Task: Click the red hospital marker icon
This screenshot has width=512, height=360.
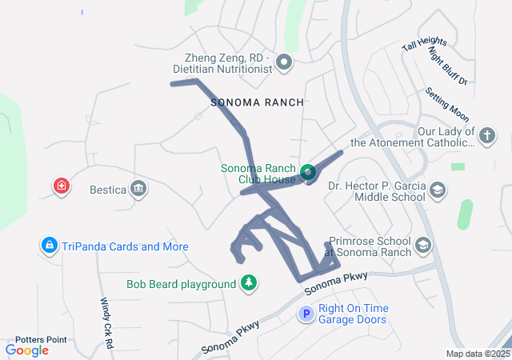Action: (62, 187)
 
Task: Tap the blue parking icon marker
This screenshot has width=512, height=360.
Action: (305, 314)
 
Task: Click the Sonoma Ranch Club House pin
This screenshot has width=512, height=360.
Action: (308, 172)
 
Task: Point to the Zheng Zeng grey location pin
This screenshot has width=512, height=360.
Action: (283, 62)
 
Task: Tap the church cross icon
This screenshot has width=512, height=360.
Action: (486, 136)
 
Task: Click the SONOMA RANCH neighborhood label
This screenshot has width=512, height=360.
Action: (257, 102)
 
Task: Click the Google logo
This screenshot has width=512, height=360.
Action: (26, 350)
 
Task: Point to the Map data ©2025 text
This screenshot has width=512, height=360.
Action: (478, 354)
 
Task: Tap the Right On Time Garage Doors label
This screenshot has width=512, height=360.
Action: (354, 314)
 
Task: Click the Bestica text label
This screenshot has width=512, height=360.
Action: (108, 190)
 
